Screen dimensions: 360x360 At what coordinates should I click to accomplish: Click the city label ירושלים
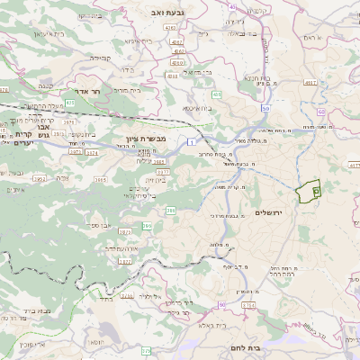[x=269, y=212]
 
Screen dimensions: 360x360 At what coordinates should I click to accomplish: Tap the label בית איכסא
[x=198, y=108]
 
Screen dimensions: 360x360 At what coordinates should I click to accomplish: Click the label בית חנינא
[x=258, y=78]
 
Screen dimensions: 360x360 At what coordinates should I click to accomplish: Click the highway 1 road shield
[x=192, y=142]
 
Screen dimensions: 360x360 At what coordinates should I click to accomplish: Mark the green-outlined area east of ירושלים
[x=310, y=190]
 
